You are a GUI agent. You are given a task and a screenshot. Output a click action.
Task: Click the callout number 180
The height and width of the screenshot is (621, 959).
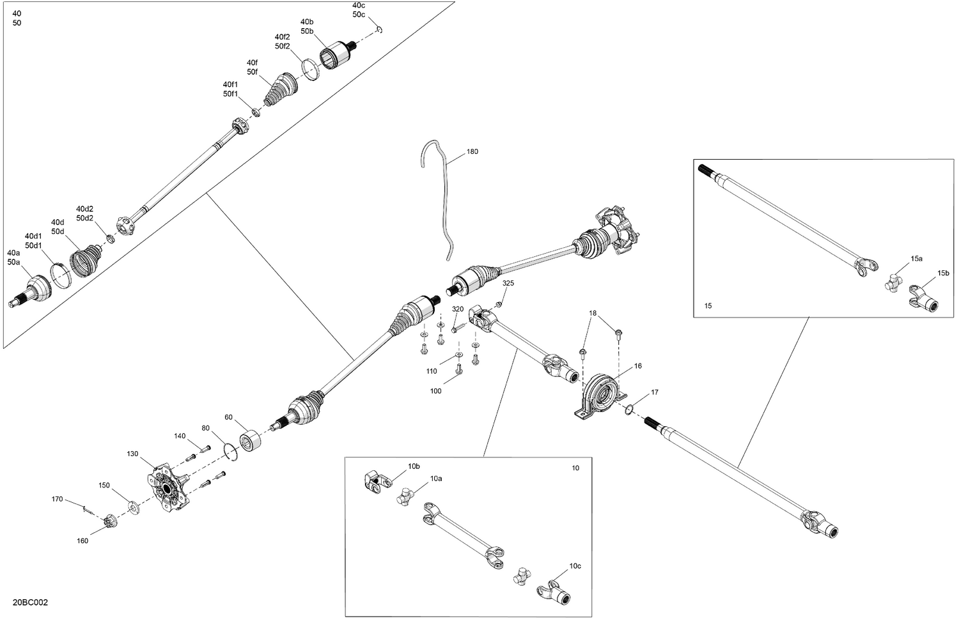(472, 152)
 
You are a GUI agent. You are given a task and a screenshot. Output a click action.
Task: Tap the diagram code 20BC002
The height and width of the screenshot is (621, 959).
(30, 602)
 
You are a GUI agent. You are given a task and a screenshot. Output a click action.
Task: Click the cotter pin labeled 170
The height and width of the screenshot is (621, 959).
(88, 509)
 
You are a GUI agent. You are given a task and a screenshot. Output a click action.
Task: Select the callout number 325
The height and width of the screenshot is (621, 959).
(508, 283)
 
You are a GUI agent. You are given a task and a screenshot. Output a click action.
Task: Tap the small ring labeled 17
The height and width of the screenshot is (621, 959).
(629, 410)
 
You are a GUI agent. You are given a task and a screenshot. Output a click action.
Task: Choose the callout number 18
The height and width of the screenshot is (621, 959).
(593, 313)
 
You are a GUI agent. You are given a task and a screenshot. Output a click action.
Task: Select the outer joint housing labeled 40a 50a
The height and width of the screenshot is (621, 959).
(35, 288)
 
